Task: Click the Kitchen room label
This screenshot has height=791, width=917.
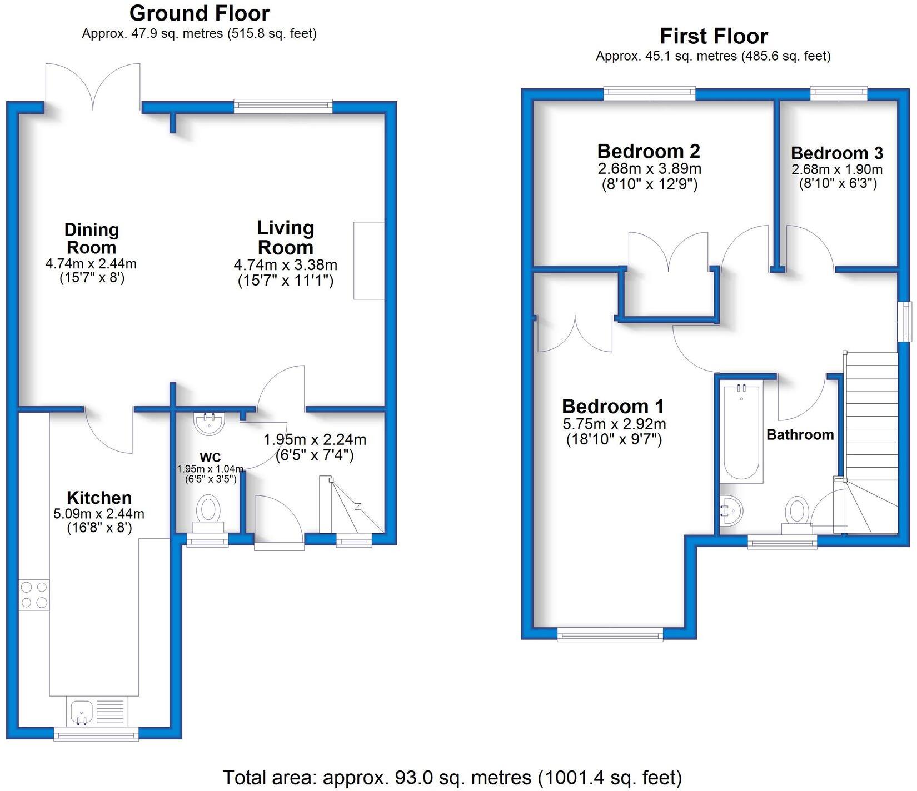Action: pos(99,497)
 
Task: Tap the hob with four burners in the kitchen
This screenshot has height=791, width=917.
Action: pos(34,594)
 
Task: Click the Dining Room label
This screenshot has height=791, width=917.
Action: pos(91,238)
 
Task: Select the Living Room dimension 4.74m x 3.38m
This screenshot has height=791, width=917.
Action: pos(285,265)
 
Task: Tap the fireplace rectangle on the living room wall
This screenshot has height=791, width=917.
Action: pos(368,261)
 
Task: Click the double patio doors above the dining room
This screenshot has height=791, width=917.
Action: pos(93,86)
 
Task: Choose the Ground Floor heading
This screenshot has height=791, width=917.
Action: pos(199,13)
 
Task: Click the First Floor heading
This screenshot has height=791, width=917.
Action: pos(713,36)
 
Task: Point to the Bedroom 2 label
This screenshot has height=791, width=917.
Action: pos(648,151)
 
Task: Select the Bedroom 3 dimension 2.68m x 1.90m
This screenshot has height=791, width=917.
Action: pos(836,169)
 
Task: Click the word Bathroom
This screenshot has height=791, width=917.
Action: pos(800,434)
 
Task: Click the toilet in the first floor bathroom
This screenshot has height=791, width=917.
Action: pos(797,512)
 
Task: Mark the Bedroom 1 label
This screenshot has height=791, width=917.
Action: pos(612,406)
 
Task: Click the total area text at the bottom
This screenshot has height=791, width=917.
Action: pos(452,777)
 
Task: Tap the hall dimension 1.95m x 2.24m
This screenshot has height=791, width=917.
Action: pos(315,440)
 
